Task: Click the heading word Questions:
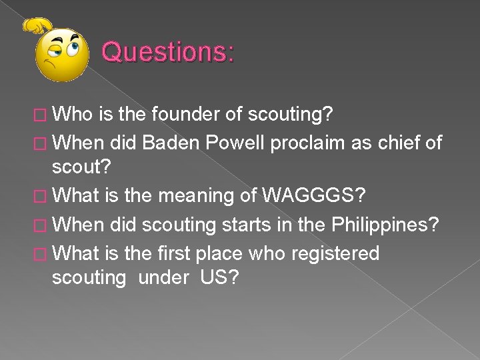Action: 167,51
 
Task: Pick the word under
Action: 163,277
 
